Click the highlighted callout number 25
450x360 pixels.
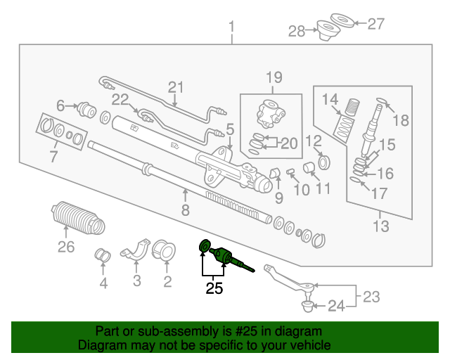[214, 288]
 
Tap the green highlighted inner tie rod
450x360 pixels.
[228, 257]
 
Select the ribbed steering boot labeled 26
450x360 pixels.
[78, 218]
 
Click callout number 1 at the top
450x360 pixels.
[231, 27]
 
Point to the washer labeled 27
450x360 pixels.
[342, 20]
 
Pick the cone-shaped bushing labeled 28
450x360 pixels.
[328, 30]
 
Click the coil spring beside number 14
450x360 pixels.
[352, 107]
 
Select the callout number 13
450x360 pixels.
[381, 226]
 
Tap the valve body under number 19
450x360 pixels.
[270, 114]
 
